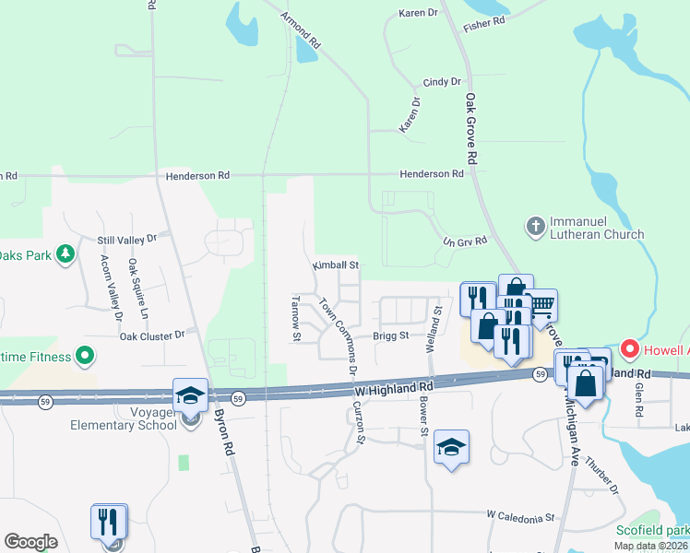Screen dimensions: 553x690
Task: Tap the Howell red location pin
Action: [x=630, y=349]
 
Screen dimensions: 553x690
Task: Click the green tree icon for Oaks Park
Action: [x=65, y=253]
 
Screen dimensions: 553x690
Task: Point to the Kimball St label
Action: [x=334, y=265]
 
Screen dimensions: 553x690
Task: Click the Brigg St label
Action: [x=391, y=336]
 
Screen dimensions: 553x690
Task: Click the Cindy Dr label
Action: [x=442, y=82]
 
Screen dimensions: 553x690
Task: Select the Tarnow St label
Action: [x=297, y=318]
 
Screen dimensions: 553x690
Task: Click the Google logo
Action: [x=31, y=542]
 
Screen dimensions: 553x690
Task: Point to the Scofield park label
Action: [x=653, y=531]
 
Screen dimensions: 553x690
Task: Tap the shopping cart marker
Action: [x=541, y=305]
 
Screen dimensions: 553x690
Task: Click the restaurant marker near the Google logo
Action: [x=110, y=522]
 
